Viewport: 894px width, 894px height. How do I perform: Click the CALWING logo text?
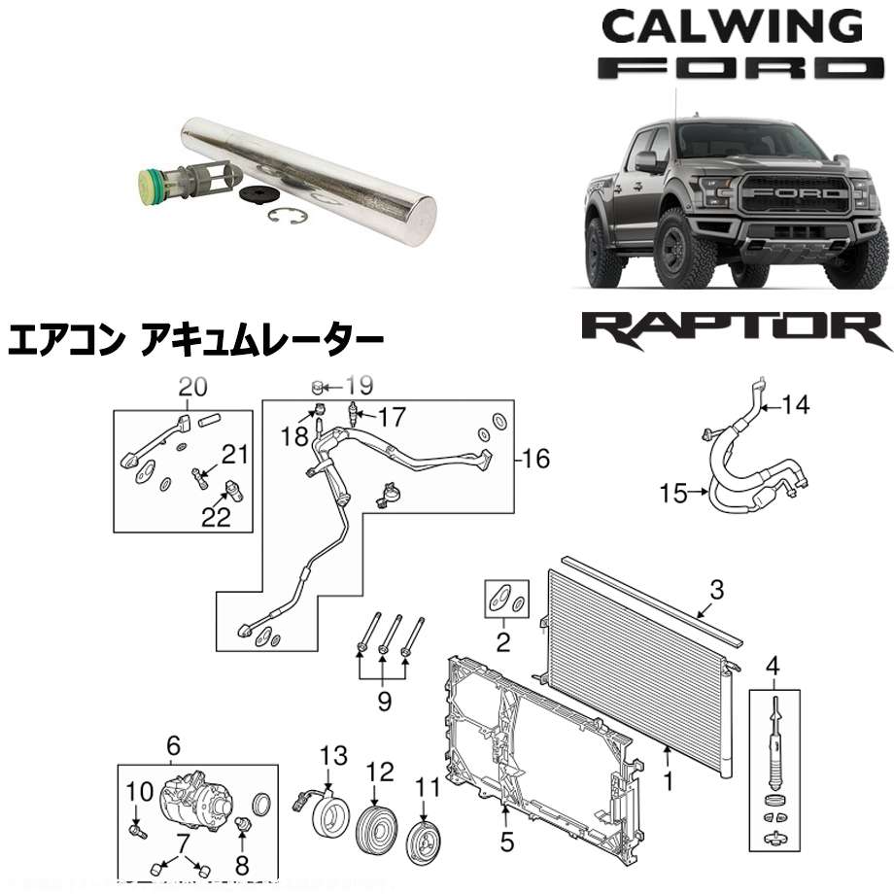click(730, 26)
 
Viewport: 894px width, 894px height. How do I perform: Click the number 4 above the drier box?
click(774, 666)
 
